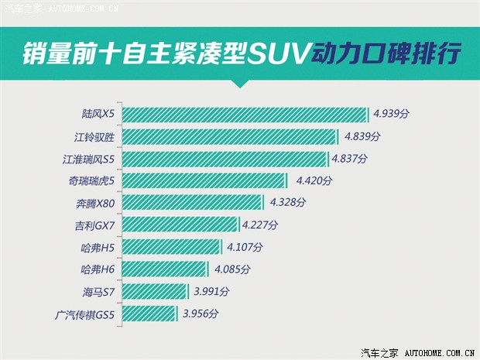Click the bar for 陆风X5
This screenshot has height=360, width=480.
click(x=245, y=115)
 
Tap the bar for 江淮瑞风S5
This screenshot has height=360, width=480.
click(x=225, y=159)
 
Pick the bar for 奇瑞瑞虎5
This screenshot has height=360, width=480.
click(x=205, y=181)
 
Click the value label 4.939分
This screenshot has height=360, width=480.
click(x=391, y=114)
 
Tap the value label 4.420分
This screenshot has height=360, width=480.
click(x=314, y=181)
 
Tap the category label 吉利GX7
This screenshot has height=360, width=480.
click(x=94, y=225)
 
